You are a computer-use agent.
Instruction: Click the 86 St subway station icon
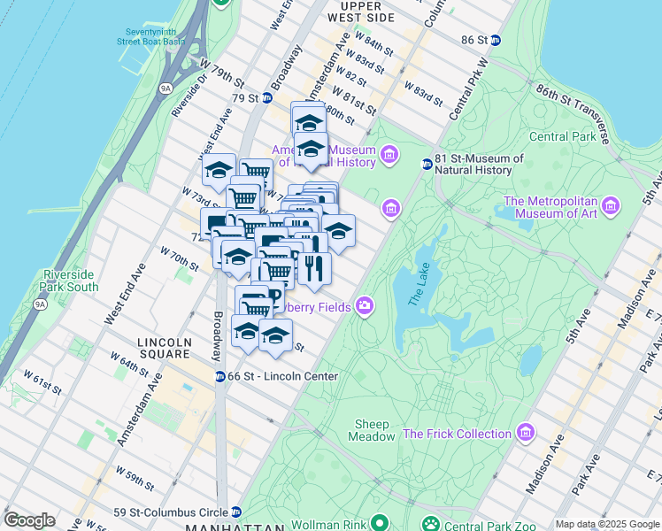click(x=496, y=40)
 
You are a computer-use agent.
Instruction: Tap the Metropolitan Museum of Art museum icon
click(x=610, y=208)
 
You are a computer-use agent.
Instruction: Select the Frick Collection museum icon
click(x=526, y=433)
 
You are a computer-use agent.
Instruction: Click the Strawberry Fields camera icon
click(x=364, y=306)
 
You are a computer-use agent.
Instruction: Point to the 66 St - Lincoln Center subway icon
click(x=219, y=376)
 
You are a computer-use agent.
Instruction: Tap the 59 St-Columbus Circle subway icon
click(x=236, y=512)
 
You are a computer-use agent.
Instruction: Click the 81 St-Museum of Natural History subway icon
click(x=427, y=164)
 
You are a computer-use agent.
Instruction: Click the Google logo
click(x=28, y=520)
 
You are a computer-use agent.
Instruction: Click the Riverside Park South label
click(x=70, y=281)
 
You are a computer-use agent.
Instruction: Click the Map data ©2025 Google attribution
click(x=607, y=524)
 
